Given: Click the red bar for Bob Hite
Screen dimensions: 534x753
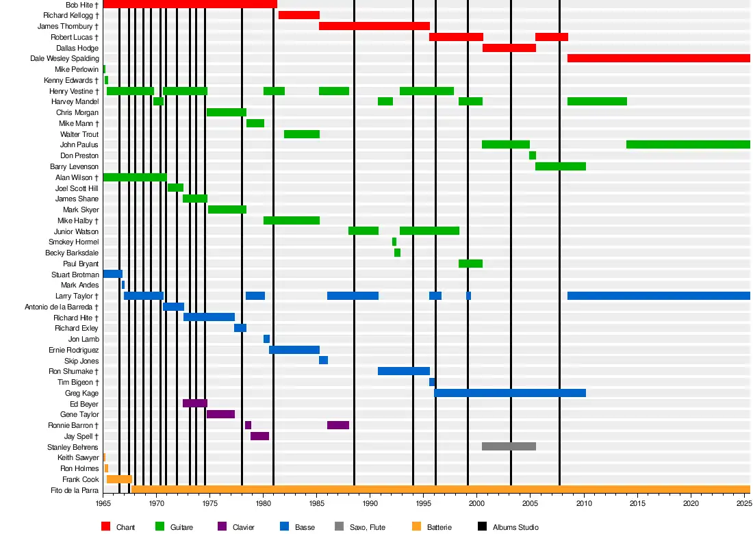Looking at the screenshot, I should click(190, 4).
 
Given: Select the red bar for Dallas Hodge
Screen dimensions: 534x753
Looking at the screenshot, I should click(509, 48).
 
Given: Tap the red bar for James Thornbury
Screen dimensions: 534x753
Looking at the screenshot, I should click(374, 26).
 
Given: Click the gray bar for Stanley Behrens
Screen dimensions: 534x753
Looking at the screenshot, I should click(509, 446).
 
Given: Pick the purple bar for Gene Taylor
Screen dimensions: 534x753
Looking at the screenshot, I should click(220, 414).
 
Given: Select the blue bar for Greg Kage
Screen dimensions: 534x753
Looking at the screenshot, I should click(510, 393).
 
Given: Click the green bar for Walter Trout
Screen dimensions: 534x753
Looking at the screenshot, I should click(302, 134).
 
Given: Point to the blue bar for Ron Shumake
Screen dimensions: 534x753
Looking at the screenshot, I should click(404, 371).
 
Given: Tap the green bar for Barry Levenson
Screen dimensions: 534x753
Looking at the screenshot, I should click(561, 166).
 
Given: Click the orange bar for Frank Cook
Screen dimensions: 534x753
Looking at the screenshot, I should click(119, 479).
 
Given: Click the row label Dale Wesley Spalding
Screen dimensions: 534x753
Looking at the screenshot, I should click(64, 59).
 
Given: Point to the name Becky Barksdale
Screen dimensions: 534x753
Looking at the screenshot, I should click(73, 253).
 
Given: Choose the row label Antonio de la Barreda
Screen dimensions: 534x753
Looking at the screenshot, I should click(62, 307).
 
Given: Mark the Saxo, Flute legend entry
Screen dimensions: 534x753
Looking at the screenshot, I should click(368, 527).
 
